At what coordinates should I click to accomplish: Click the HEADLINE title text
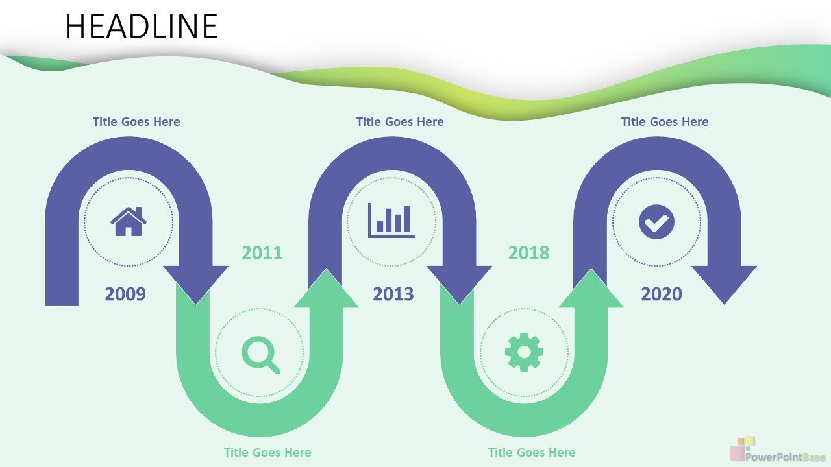coord(141,26)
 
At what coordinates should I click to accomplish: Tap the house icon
coord(129,222)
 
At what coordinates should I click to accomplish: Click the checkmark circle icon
coord(656,222)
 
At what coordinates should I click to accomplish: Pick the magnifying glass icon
coord(261,355)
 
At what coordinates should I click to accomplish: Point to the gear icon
coord(524,352)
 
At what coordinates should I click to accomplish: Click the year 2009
coord(125,294)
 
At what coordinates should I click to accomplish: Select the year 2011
coord(262,253)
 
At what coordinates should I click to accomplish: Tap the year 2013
coord(393,294)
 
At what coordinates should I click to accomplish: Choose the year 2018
coord(528,253)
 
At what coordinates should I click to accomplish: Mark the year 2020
coord(662,294)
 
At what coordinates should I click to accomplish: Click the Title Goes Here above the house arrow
coord(136,121)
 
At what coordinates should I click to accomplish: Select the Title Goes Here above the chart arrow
coord(400,121)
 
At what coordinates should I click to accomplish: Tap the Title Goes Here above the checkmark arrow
coord(665,121)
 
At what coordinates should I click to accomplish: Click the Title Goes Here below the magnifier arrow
coord(267,453)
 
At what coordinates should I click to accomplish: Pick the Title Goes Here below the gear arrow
coord(532,453)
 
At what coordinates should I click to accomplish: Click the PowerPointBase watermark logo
coord(779,450)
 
